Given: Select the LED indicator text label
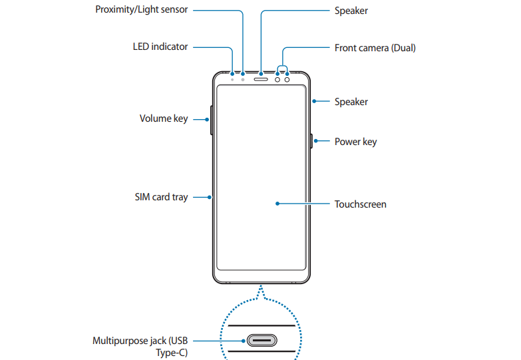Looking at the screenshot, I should (x=160, y=47).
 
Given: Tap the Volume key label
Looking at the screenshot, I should (x=164, y=119).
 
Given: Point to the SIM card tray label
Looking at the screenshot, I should (x=161, y=197).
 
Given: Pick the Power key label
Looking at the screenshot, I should (x=355, y=142).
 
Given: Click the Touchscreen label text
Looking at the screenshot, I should (x=360, y=204).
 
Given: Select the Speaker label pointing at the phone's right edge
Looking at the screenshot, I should (x=351, y=102).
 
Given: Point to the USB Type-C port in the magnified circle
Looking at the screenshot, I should (x=261, y=341).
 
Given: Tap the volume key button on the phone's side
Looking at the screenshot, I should (x=211, y=120).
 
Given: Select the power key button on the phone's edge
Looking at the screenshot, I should (x=311, y=141).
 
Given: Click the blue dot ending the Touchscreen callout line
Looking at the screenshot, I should (x=276, y=204).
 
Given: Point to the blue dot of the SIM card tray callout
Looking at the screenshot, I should (x=210, y=197).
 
